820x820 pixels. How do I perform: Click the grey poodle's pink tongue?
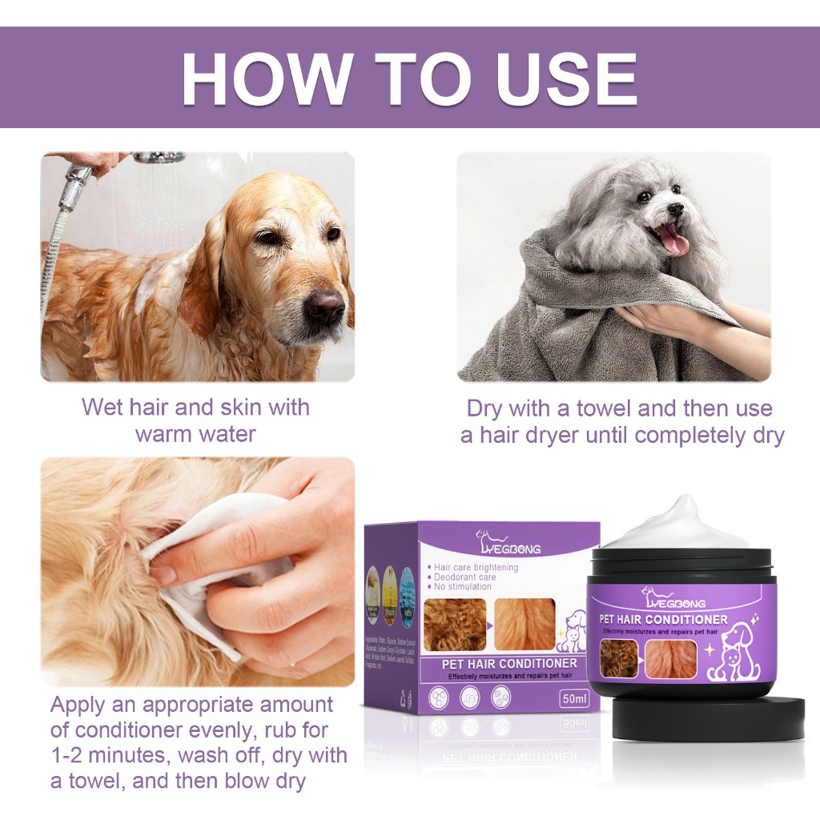[x=672, y=239]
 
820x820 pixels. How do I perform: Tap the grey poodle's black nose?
[x=675, y=210]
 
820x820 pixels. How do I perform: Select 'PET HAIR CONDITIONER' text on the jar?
[x=665, y=620]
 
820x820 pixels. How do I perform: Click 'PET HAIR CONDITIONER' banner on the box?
[x=509, y=663]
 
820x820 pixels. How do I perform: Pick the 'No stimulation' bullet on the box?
[x=463, y=587]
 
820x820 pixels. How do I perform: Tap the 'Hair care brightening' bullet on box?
[x=476, y=567]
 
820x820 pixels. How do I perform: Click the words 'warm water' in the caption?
[x=195, y=434]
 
